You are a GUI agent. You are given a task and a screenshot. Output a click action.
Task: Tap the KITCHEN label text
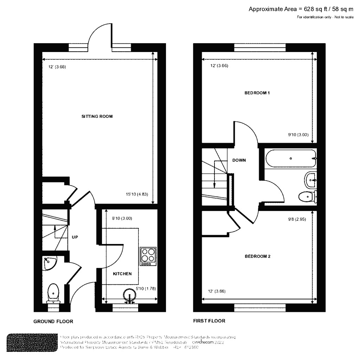(x=122, y=274)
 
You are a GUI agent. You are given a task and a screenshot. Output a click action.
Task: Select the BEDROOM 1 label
(x=257, y=93)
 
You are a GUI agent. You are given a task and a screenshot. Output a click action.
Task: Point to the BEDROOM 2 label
(x=257, y=257)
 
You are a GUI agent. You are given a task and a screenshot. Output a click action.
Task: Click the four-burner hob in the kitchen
(x=148, y=257)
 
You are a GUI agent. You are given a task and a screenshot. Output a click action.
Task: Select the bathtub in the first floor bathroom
(x=291, y=159)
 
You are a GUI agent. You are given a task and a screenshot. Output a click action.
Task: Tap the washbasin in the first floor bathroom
(x=311, y=180)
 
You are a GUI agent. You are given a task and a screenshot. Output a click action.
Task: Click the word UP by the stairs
(x=75, y=237)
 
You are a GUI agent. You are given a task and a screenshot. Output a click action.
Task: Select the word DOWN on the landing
(x=239, y=160)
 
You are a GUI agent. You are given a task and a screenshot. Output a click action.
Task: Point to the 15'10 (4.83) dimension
(x=138, y=194)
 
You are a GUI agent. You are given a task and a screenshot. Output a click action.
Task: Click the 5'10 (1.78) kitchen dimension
(x=146, y=289)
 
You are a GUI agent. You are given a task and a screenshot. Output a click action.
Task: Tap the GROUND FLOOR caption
(x=53, y=321)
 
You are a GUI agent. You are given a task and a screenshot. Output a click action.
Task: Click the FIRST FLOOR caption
(x=209, y=321)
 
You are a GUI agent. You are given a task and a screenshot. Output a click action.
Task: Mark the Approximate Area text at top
(x=301, y=9)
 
